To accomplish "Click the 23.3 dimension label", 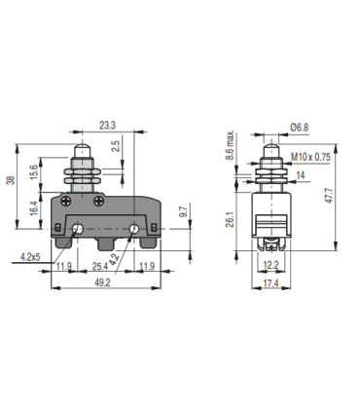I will pyautogui.click(x=109, y=125).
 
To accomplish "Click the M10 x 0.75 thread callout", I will pyautogui.click(x=310, y=157).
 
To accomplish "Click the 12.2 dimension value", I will pyautogui.click(x=271, y=265).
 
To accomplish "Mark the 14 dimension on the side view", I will pyautogui.click(x=301, y=174).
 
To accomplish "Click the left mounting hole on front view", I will pyautogui.click(x=77, y=229).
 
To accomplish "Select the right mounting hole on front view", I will pyautogui.click(x=134, y=229).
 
